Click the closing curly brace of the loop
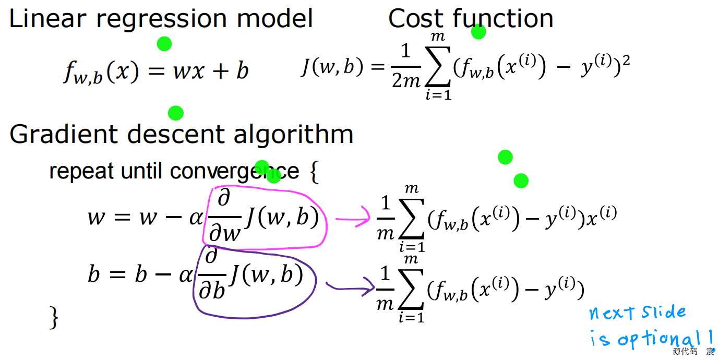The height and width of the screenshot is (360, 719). tap(54, 317)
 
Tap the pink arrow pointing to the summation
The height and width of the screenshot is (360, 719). tap(352, 220)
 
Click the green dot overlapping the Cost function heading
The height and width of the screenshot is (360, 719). tap(478, 32)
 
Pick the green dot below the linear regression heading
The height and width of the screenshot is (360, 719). tap(164, 44)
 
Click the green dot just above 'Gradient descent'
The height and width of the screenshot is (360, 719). tap(176, 113)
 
